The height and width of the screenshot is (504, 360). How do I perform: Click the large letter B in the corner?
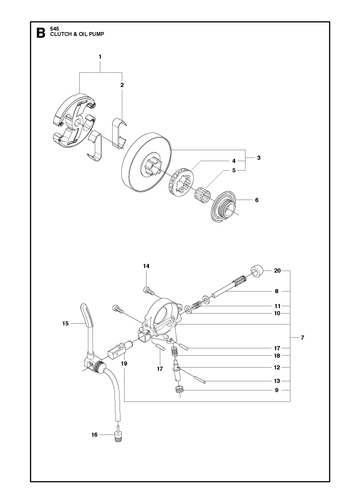pyautogui.click(x=40, y=33)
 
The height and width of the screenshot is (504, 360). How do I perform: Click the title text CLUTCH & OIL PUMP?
pyautogui.click(x=77, y=34)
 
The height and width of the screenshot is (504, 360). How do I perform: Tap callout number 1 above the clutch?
pyautogui.click(x=100, y=57)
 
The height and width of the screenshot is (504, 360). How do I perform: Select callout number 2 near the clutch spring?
pyautogui.click(x=122, y=85)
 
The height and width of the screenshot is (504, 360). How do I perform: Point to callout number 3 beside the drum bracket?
pyautogui.click(x=259, y=158)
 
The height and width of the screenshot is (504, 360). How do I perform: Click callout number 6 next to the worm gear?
pyautogui.click(x=256, y=200)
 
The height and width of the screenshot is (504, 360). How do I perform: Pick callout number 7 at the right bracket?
pyautogui.click(x=302, y=338)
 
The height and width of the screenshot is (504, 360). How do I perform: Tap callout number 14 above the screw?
pyautogui.click(x=146, y=266)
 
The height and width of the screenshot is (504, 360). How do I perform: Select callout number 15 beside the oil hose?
pyautogui.click(x=65, y=323)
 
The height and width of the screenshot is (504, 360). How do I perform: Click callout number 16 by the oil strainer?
pyautogui.click(x=95, y=435)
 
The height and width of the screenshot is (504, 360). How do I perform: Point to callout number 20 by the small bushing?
pyautogui.click(x=277, y=271)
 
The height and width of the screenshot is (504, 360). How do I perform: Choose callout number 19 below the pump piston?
pyautogui.click(x=124, y=364)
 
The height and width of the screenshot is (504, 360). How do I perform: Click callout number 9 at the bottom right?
pyautogui.click(x=276, y=390)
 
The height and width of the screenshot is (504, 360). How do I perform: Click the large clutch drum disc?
pyautogui.click(x=146, y=163)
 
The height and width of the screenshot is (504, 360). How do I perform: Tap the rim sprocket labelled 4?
pyautogui.click(x=182, y=180)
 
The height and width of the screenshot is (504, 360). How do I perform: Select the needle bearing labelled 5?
pyautogui.click(x=201, y=194)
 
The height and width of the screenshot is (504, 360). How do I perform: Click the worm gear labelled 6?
pyautogui.click(x=225, y=206)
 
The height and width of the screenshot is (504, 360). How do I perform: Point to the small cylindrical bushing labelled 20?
pyautogui.click(x=257, y=270)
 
